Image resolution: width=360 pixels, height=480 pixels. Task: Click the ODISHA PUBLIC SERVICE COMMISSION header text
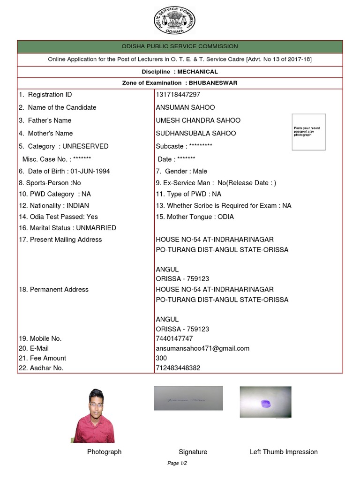[x=180, y=46]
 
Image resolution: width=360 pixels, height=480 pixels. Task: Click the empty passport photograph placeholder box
[x=308, y=132]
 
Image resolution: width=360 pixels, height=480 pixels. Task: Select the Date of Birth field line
[x=64, y=171]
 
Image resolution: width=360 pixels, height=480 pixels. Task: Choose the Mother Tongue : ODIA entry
[x=195, y=217]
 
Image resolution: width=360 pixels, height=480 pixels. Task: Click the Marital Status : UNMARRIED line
[x=67, y=228]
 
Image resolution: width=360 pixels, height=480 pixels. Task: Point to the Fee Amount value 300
[x=161, y=358]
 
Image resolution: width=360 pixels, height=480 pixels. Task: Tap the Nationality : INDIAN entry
[x=54, y=205]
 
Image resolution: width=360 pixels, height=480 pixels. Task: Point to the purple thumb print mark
[x=265, y=403]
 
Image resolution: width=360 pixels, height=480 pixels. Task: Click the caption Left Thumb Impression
[x=284, y=452]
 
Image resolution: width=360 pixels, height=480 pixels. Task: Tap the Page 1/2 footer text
[x=177, y=463]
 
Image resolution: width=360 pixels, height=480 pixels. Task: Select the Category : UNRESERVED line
[x=64, y=146]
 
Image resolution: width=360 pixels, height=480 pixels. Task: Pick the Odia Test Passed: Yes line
[x=59, y=217]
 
